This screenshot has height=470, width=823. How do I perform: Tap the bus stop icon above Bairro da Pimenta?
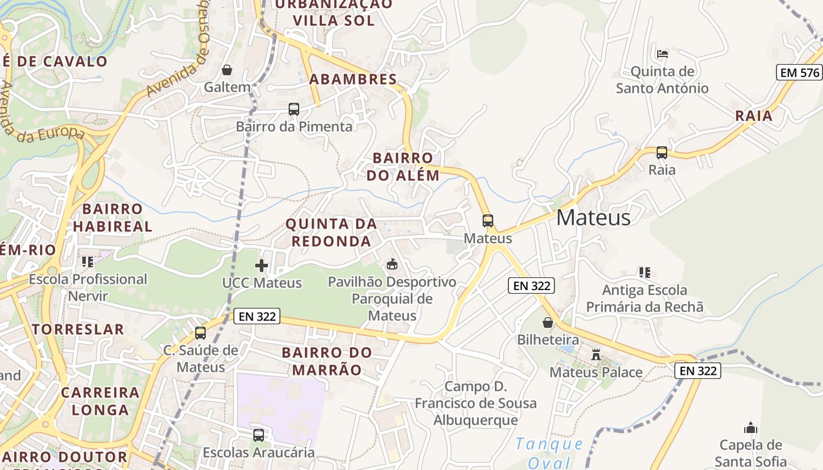coord(294,109)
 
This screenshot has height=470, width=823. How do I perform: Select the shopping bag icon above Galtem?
coord(227,70)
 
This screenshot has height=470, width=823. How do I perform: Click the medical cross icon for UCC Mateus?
coord(262,266)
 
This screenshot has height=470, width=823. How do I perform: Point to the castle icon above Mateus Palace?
coord(596,355)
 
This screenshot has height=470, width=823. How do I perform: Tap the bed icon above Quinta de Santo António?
coord(663,54)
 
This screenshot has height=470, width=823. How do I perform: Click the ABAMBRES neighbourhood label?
coord(353,79)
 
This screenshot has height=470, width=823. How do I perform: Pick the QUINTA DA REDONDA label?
coord(331,232)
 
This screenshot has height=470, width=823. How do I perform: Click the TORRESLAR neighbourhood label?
coord(78,329)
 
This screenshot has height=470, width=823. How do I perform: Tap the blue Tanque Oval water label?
coord(549,453)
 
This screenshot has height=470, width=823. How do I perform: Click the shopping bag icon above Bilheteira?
coord(548,323)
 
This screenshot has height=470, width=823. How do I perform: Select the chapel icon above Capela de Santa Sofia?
coord(751,427)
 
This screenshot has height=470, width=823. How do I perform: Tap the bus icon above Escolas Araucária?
coord(259,435)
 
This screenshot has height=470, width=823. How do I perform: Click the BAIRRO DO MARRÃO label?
coord(327,361)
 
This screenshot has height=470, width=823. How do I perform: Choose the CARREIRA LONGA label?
coord(100,401)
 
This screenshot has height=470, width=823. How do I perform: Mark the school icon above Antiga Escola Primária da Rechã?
coord(645,273)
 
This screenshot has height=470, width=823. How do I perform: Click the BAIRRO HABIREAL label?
coord(112,217)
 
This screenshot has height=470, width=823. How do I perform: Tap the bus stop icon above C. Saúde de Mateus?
coord(200,333)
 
